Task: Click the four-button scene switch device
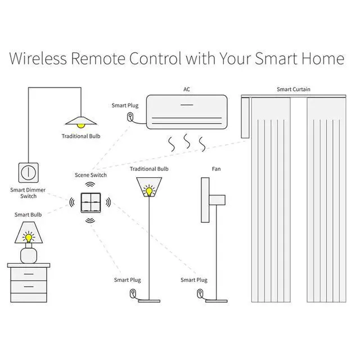pos(90,202)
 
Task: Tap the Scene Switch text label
pos(91,175)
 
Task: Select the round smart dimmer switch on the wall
pos(28,172)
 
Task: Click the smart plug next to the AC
pos(130,118)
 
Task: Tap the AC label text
pos(187,89)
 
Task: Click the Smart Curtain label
pos(293,89)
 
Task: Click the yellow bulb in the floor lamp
pos(149,191)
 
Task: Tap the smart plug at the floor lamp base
pos(132,294)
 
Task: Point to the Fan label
pos(217,169)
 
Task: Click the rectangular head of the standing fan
pos(217,199)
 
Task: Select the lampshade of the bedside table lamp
pos(28,229)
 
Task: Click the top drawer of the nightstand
pos(28,275)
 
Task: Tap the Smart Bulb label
pos(28,215)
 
